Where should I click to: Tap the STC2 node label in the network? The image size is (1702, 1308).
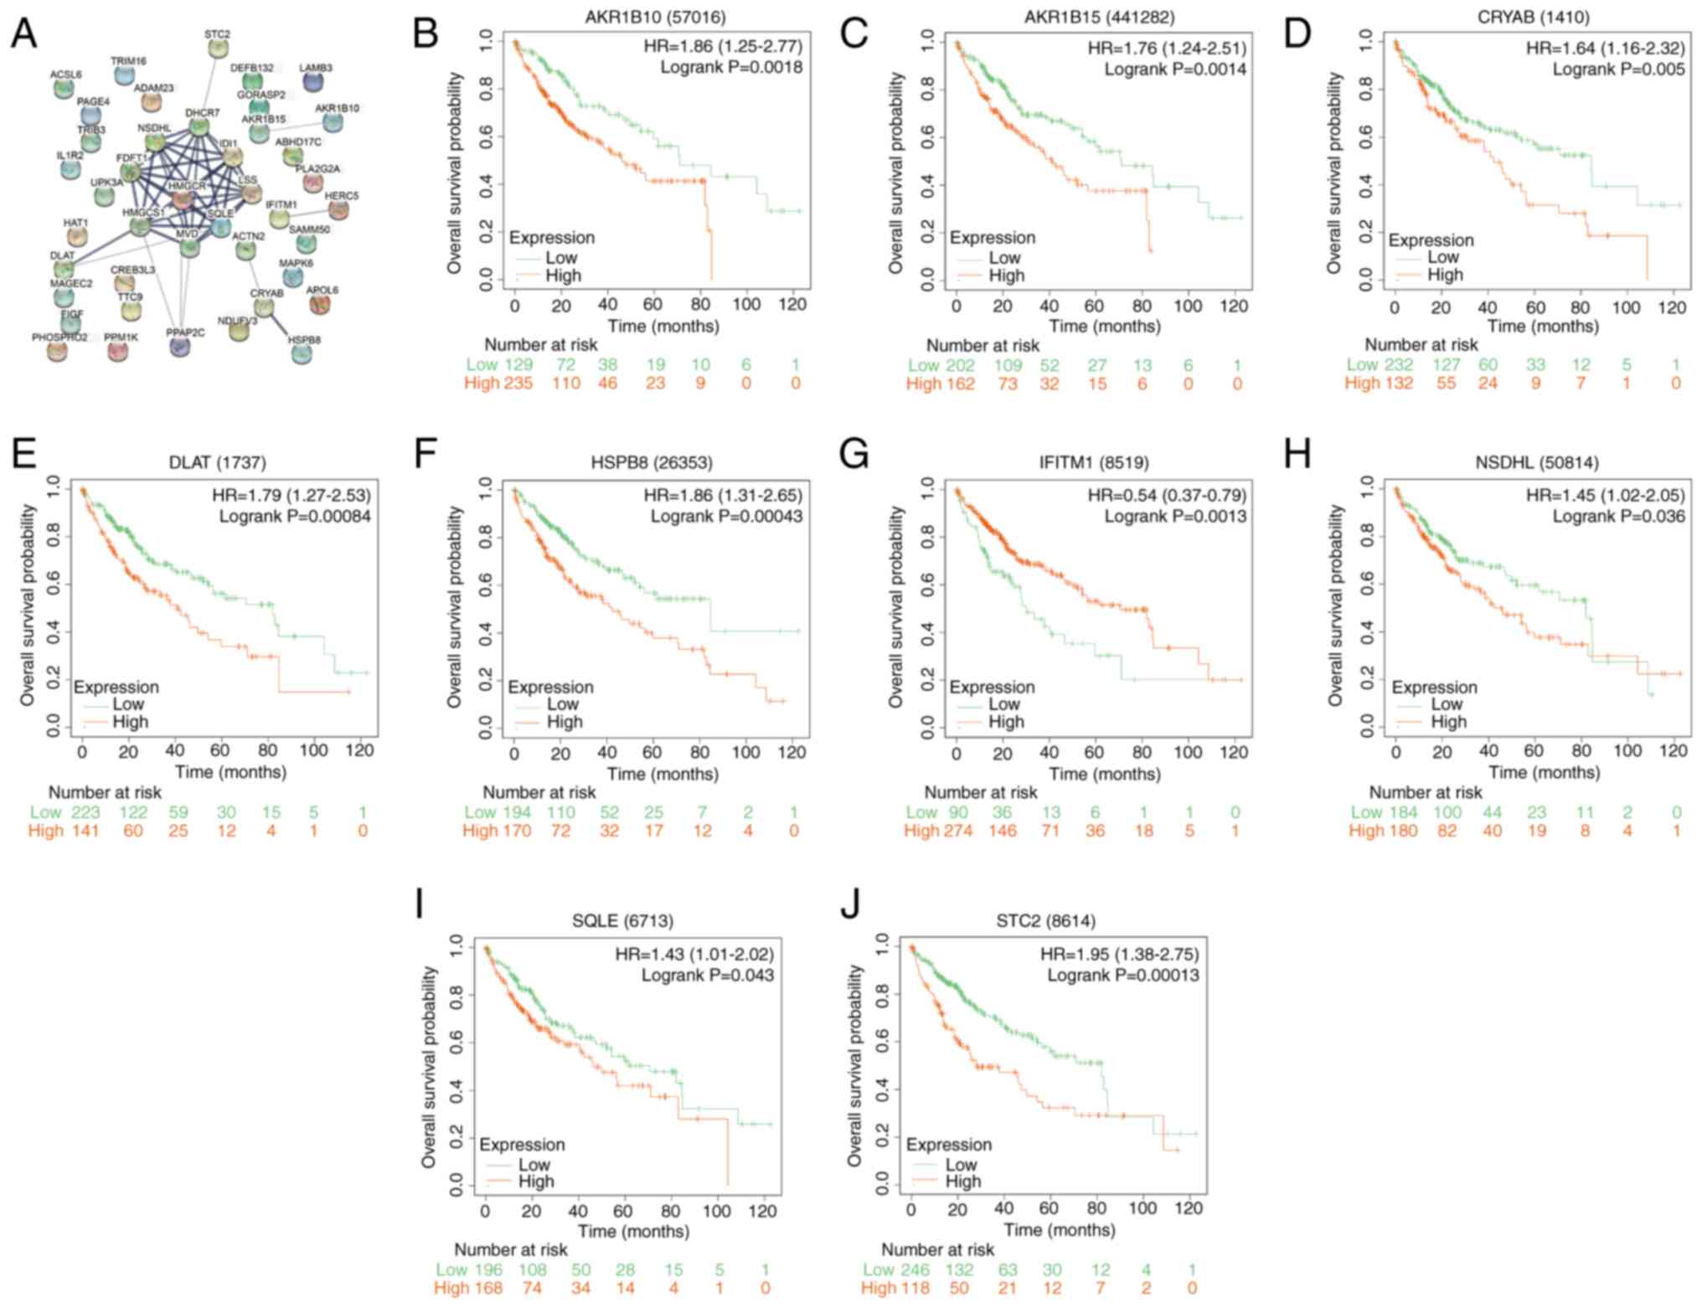pos(217,34)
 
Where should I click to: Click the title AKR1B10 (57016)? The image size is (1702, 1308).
pos(655,17)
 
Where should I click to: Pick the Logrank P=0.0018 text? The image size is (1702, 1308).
pos(731,67)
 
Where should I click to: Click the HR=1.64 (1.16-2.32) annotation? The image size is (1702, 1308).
pos(1605,48)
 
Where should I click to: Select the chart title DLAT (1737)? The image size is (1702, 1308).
pos(217,462)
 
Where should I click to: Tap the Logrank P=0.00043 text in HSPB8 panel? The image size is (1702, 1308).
pos(726,516)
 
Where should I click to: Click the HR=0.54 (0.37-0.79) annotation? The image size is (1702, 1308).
pos(1167,495)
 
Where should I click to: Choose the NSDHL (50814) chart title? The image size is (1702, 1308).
pos(1536,462)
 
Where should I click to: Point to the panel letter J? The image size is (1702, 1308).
pos(849,907)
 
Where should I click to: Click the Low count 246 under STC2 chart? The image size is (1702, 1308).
pos(915,1270)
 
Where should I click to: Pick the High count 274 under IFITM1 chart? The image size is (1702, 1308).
pos(956,831)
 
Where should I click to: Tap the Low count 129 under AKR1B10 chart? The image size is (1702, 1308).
pos(518,365)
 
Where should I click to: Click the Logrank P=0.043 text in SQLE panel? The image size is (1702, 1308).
pos(708,975)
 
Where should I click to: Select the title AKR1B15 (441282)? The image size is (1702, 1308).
pos(1098,17)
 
